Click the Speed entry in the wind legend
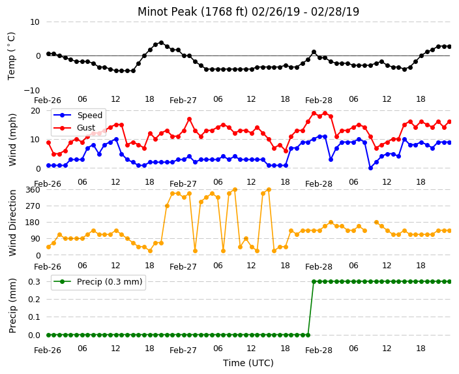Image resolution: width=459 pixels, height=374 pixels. click(78, 115)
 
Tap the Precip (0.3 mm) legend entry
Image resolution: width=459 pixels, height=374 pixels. click(98, 282)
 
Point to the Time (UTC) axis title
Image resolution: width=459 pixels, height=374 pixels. click(248, 363)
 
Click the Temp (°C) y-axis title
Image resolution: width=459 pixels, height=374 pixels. click(11, 56)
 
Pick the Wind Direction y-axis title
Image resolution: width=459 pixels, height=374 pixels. click(12, 223)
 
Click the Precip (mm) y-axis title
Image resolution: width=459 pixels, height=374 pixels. click(12, 305)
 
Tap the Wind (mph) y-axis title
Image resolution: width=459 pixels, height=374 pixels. click(12, 140)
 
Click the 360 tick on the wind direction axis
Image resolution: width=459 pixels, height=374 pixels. click(33, 190)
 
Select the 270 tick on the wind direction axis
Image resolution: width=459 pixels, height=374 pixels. click(33, 206)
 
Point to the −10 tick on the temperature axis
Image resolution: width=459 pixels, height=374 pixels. click(31, 90)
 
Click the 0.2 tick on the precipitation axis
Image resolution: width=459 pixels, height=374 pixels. click(35, 299)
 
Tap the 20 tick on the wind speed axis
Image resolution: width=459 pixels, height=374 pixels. click(35, 111)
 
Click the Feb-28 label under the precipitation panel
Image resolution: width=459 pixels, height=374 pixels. click(319, 351)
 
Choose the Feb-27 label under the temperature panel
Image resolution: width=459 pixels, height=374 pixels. click(183, 101)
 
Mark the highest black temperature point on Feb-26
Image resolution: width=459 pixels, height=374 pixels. click(161, 43)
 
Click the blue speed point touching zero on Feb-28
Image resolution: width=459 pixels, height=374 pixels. click(370, 168)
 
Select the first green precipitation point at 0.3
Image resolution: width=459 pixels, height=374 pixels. click(314, 282)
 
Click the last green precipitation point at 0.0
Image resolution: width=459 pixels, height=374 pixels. click(308, 335)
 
